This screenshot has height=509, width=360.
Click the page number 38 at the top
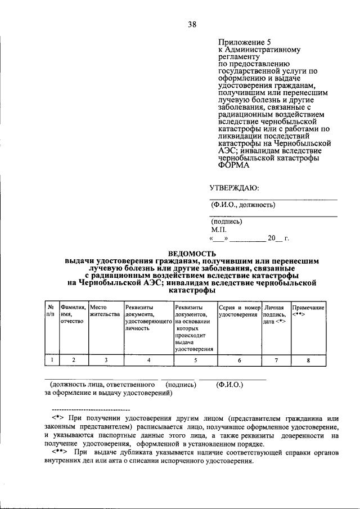pos(192,24)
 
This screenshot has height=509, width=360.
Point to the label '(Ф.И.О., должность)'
pos(243,205)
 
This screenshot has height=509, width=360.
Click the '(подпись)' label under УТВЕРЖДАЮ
pos(227,222)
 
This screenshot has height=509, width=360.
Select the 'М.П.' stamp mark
pos(219,229)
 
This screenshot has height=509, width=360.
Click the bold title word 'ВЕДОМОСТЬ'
pos(192,254)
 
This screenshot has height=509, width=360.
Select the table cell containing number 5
pos(195,361)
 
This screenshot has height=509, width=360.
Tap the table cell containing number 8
pos(308,361)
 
